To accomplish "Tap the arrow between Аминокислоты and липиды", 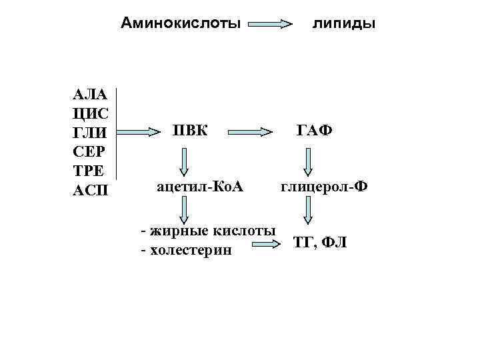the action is click(271, 24).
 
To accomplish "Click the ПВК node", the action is click(189, 129).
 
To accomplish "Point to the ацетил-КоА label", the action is click(199, 188).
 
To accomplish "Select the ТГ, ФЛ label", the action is click(319, 243).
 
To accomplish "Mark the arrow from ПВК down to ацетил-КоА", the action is click(184, 161).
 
